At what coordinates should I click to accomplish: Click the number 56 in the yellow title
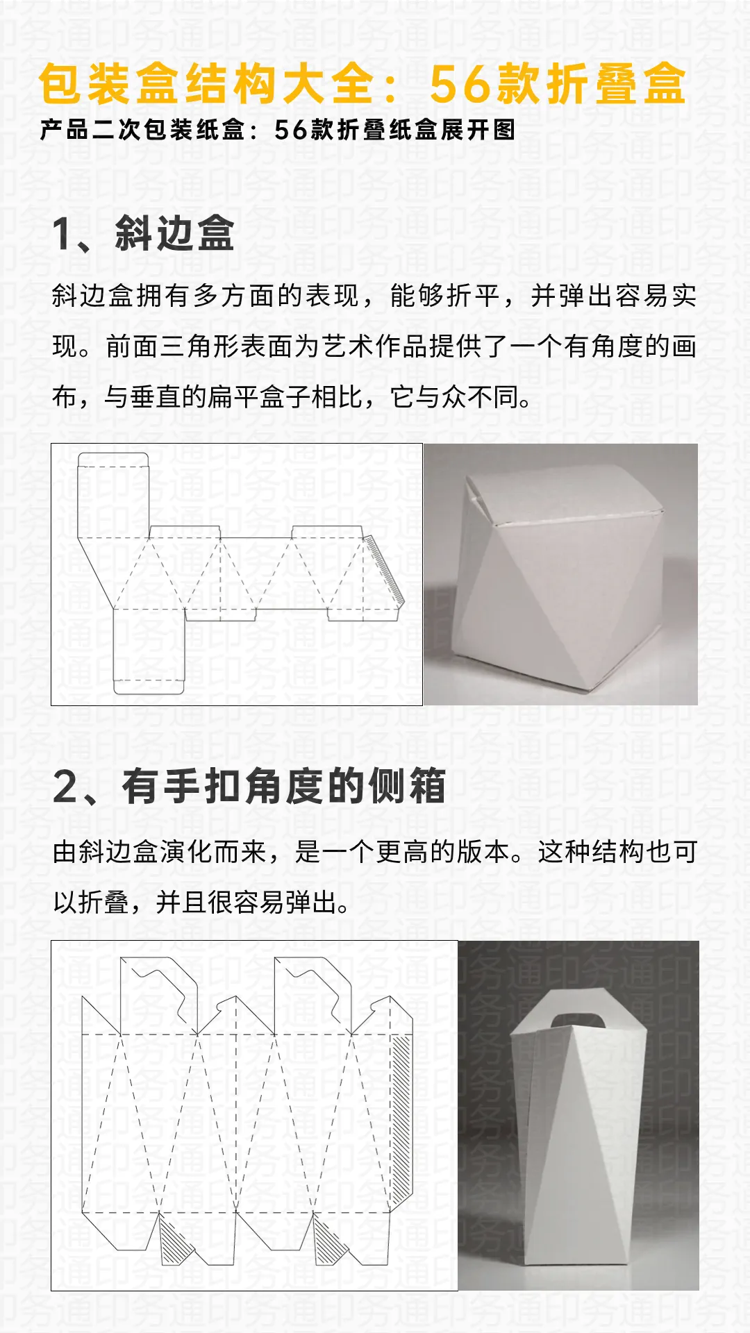(457, 85)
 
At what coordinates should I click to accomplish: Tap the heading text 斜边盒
(175, 233)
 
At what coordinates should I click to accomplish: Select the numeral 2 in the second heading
(67, 787)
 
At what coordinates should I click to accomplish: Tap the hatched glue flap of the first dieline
(384, 569)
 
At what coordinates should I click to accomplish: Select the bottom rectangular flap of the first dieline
(149, 649)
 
